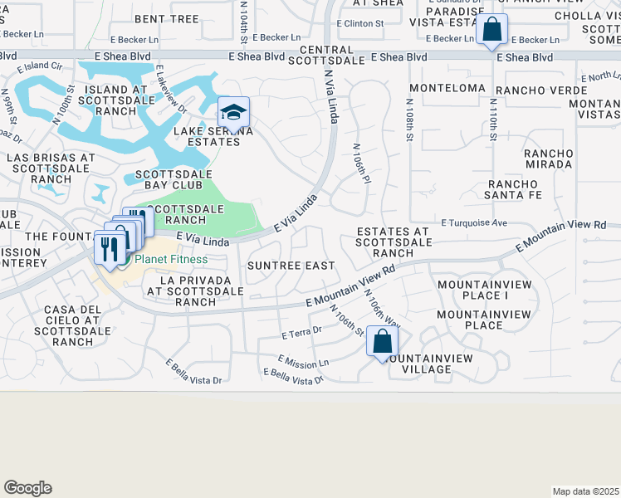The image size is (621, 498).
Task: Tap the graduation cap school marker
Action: tap(234, 114)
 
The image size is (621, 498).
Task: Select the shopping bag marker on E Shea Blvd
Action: tap(492, 31)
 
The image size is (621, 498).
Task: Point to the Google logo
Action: tap(27, 488)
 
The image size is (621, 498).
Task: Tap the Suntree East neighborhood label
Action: tap(291, 266)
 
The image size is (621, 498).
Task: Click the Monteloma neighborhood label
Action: tap(447, 88)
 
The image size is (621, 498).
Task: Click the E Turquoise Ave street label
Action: tap(474, 222)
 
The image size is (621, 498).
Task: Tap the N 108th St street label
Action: tap(409, 120)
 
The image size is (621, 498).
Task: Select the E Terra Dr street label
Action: tap(301, 334)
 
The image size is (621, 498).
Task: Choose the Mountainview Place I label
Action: tap(472, 290)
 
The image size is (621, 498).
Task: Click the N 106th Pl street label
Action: tap(361, 167)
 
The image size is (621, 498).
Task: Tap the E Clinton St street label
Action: tap(359, 23)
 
